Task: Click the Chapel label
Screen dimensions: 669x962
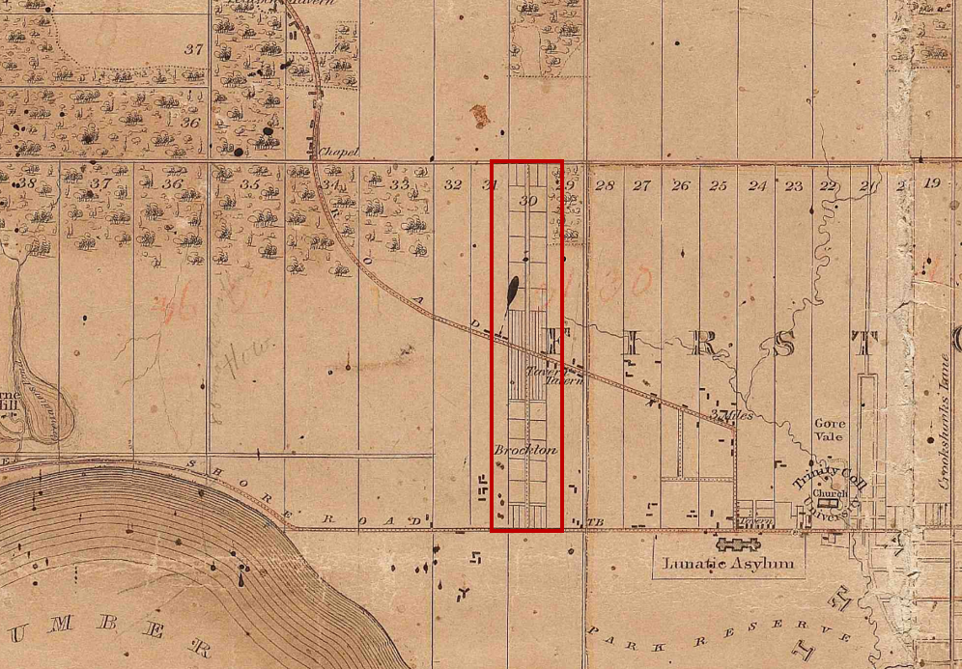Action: [x=339, y=152]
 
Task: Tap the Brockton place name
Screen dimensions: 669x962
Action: [x=525, y=451]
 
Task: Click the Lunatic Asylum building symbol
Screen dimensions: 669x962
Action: [x=739, y=544]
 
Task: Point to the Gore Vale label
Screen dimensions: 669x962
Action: [x=830, y=430]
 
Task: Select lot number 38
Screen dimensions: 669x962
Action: [x=27, y=183]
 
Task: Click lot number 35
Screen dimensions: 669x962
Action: [x=250, y=183]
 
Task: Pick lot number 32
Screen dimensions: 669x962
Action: [x=452, y=183]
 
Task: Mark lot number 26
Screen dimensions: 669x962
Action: [x=681, y=185]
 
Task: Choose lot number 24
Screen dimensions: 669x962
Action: [x=757, y=185]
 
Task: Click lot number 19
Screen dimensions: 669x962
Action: [x=931, y=182]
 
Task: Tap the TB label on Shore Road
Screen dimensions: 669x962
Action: [x=595, y=522]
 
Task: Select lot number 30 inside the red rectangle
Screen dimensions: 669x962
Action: [x=527, y=201]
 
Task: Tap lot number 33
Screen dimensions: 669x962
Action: [x=400, y=183]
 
